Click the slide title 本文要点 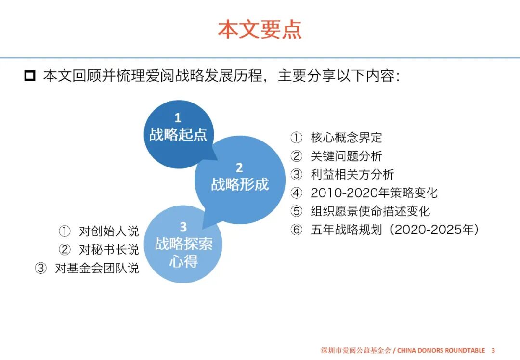[260, 29]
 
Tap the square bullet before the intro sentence [30, 76]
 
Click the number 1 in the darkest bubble [178, 118]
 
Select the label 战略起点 [178, 134]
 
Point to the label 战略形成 [239, 184]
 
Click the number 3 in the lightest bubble [183, 227]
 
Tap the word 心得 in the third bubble [183, 261]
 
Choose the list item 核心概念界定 [346, 138]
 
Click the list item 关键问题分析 [346, 156]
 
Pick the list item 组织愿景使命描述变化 [370, 211]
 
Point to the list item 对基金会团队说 [97, 268]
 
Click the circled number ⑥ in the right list [296, 230]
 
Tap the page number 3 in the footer [493, 350]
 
